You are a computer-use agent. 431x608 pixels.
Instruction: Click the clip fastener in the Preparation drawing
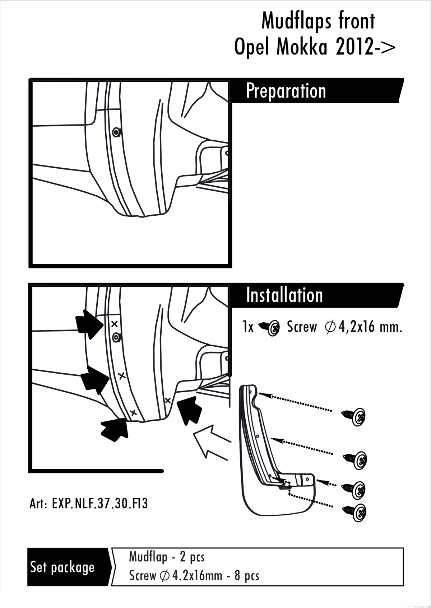point(116,132)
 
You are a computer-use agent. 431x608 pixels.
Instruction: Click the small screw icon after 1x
point(269,327)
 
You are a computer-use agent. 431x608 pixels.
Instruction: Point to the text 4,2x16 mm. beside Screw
point(370,327)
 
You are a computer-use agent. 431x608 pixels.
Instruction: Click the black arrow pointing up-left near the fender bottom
point(188,409)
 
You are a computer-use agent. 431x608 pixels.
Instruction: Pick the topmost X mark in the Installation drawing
point(115,324)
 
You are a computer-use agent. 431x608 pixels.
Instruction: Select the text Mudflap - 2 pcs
point(167,557)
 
